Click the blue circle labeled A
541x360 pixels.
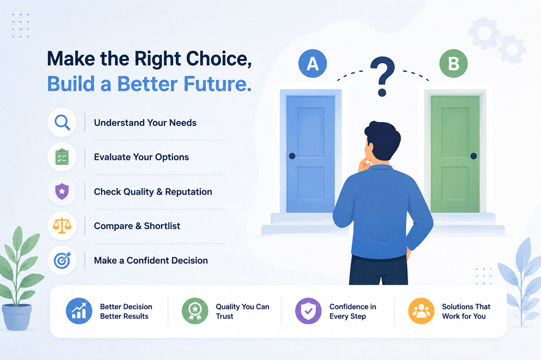click(x=313, y=63)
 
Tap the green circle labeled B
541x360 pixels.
click(x=453, y=63)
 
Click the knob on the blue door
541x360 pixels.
click(x=292, y=156)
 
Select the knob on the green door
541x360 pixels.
click(x=474, y=156)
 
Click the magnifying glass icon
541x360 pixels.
click(x=62, y=122)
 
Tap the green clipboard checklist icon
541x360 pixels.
click(x=62, y=157)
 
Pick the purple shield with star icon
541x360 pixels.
click(x=62, y=191)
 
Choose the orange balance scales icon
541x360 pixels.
click(x=62, y=226)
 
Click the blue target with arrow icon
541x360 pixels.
click(x=62, y=261)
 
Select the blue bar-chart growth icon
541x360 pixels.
click(x=79, y=311)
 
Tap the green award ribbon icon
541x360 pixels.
click(x=195, y=311)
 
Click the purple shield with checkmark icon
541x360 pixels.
click(x=308, y=311)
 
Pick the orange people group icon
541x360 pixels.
click(x=421, y=311)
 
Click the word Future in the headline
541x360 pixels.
click(x=217, y=84)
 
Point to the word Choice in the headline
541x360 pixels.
click(x=219, y=58)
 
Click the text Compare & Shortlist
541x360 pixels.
click(x=137, y=226)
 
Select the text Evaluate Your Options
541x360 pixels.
click(x=141, y=157)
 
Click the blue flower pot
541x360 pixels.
click(x=17, y=317)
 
